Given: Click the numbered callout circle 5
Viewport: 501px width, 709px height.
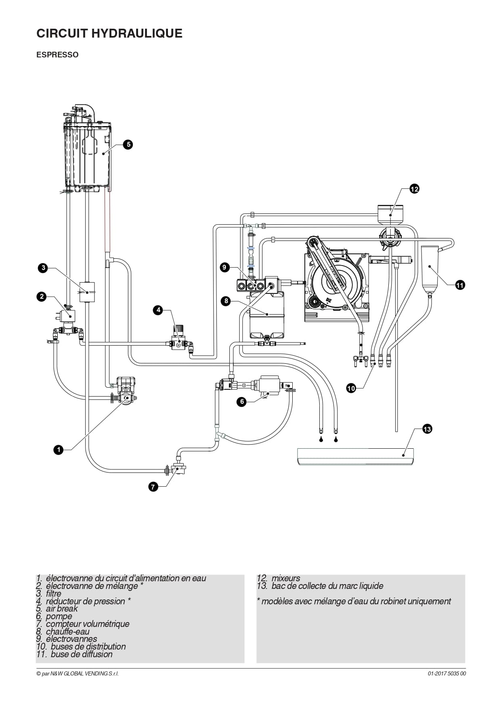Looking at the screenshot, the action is pyautogui.click(x=128, y=144).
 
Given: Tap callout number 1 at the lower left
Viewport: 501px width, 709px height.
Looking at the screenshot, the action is pyautogui.click(x=59, y=449).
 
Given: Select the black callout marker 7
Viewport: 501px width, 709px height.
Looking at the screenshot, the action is pyautogui.click(x=153, y=487).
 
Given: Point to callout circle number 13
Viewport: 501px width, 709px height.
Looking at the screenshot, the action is pyautogui.click(x=427, y=429).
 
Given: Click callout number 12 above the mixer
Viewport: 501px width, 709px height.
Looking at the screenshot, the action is pyautogui.click(x=414, y=189).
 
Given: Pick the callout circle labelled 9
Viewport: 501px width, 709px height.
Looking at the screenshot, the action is pyautogui.click(x=225, y=267).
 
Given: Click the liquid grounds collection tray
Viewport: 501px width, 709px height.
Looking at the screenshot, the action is pyautogui.click(x=355, y=456).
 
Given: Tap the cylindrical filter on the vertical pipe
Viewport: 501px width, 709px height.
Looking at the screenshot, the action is pyautogui.click(x=86, y=291).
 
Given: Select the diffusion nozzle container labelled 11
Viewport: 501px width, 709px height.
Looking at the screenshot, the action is pyautogui.click(x=430, y=268).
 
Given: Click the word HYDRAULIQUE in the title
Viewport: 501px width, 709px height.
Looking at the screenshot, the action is pyautogui.click(x=137, y=33).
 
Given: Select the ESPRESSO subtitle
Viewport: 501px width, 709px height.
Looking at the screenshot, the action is pyautogui.click(x=57, y=55).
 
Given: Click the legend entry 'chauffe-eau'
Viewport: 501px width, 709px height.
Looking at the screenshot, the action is pyautogui.click(x=67, y=631).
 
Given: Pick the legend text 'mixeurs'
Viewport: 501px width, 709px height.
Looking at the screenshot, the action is pyautogui.click(x=286, y=578).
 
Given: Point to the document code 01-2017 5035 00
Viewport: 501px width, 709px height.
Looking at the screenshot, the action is pyautogui.click(x=447, y=673).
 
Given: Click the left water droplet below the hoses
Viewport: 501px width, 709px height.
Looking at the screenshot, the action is pyautogui.click(x=321, y=440).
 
